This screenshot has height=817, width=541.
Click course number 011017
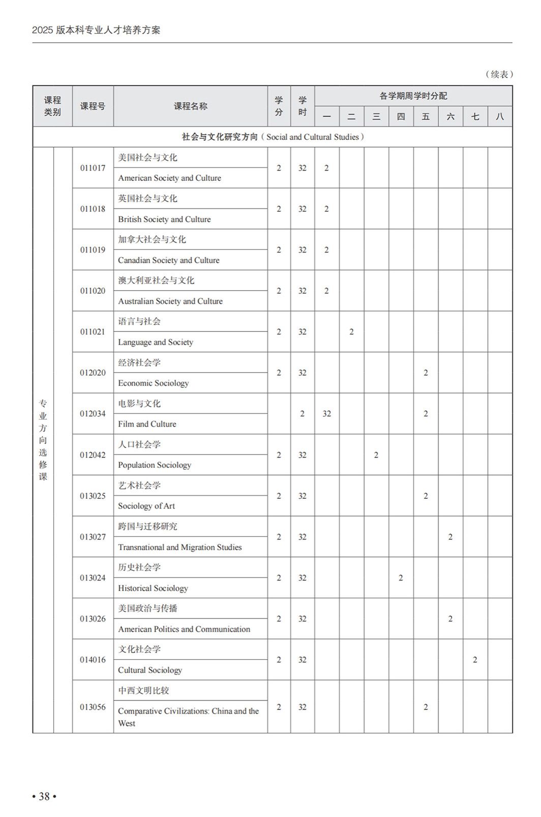(x=93, y=168)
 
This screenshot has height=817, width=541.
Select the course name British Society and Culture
(x=164, y=219)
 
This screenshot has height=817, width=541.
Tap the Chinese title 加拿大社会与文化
(x=152, y=239)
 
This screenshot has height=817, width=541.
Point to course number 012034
(x=93, y=413)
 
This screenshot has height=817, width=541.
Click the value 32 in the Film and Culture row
(x=326, y=413)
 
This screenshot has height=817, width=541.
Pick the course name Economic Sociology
(x=153, y=383)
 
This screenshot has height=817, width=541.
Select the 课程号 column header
(x=93, y=106)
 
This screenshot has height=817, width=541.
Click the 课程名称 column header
(x=190, y=106)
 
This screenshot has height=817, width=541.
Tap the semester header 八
(x=499, y=117)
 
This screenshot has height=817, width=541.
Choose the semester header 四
(x=401, y=117)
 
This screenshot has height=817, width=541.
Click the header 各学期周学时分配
(x=413, y=96)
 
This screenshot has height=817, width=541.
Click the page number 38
(x=44, y=796)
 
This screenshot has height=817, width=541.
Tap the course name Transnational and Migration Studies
(x=179, y=547)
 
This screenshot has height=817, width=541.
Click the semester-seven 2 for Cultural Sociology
(x=475, y=660)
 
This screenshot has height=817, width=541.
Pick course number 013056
(x=93, y=707)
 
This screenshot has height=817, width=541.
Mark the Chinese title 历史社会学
(x=139, y=568)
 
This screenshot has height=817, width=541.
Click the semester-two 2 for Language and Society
(x=351, y=332)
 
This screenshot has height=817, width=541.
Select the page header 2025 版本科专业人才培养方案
(x=96, y=30)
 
